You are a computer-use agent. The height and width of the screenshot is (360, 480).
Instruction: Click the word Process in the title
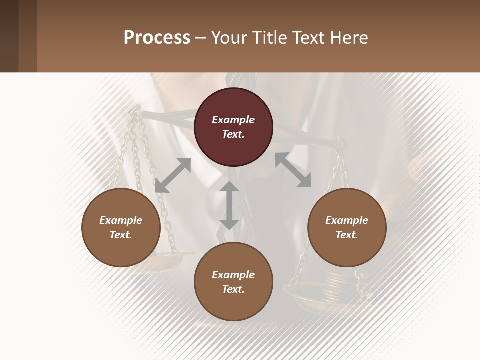157,38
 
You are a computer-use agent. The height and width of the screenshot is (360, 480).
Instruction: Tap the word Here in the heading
349,38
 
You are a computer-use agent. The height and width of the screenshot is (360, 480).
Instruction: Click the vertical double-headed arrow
229,205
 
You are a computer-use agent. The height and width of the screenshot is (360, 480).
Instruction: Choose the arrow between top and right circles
293,170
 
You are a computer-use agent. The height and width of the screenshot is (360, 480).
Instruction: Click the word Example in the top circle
233,120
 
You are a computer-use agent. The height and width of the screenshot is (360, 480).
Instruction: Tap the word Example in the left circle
121,220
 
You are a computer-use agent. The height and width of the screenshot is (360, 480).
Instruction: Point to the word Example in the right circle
347,220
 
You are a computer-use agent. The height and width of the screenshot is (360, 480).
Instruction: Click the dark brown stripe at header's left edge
9,36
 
